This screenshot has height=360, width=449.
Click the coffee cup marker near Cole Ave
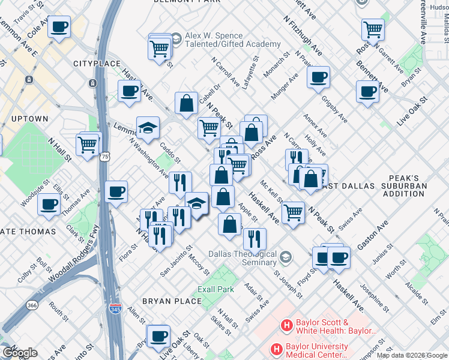click(59, 27)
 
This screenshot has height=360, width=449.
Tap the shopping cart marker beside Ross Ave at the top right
click(373, 29)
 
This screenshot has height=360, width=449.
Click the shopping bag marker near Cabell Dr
click(187, 103)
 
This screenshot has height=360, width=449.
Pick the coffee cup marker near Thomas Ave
click(49, 204)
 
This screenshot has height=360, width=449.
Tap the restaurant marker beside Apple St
click(255, 239)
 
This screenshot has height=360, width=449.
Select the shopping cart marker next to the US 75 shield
click(88, 145)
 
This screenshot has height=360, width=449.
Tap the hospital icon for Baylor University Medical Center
click(277, 349)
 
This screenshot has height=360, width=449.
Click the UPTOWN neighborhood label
click(29, 119)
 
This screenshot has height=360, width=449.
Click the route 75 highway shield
click(106, 156)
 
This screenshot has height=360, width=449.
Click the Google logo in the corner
click(20, 353)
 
